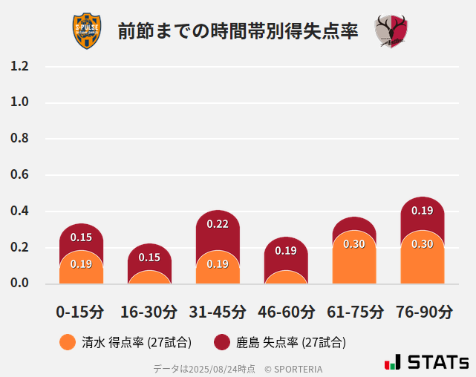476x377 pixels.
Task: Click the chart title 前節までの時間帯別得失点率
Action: [x=238, y=31]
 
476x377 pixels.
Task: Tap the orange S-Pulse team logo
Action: [x=87, y=31]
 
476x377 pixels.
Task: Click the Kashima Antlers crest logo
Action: [x=391, y=31]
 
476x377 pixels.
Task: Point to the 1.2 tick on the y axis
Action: [x=19, y=67]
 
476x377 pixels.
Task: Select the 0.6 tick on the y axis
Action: [x=19, y=175]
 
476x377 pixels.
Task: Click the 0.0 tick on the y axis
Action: [x=19, y=283]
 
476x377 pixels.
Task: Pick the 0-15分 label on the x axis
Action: [x=80, y=312]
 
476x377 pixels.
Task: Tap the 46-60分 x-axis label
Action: [x=286, y=312]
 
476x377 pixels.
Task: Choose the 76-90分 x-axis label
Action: [x=423, y=312]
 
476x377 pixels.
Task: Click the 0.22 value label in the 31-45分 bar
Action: [x=218, y=224]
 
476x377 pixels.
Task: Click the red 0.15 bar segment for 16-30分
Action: [x=149, y=256]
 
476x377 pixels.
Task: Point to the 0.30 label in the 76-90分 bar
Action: [x=423, y=244]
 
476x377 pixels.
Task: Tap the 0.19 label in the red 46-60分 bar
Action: [x=286, y=251]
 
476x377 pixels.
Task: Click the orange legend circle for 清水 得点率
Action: [x=68, y=342]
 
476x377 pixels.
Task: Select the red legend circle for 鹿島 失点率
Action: [x=222, y=342]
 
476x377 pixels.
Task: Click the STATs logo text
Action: [x=438, y=362]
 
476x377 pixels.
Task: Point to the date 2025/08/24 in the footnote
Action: [x=209, y=368]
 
